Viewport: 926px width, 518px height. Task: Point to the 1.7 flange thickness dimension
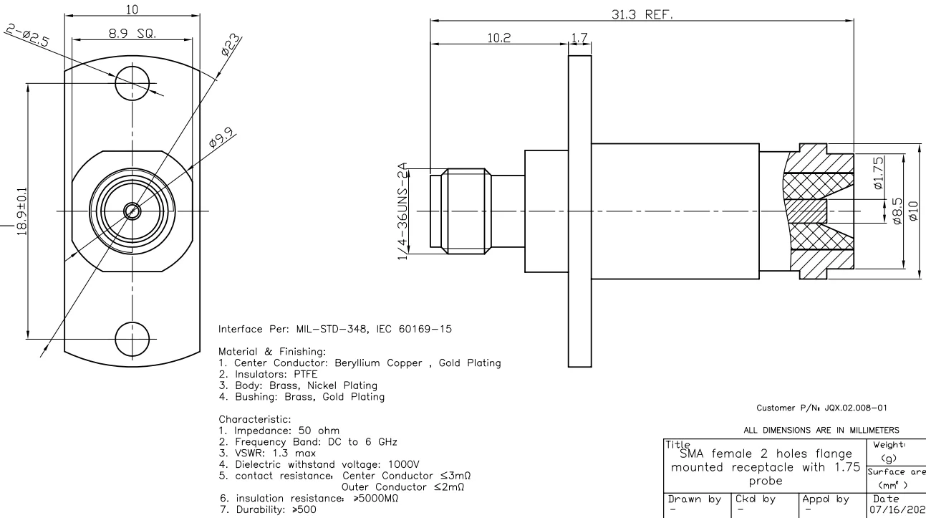pyautogui.click(x=579, y=37)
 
